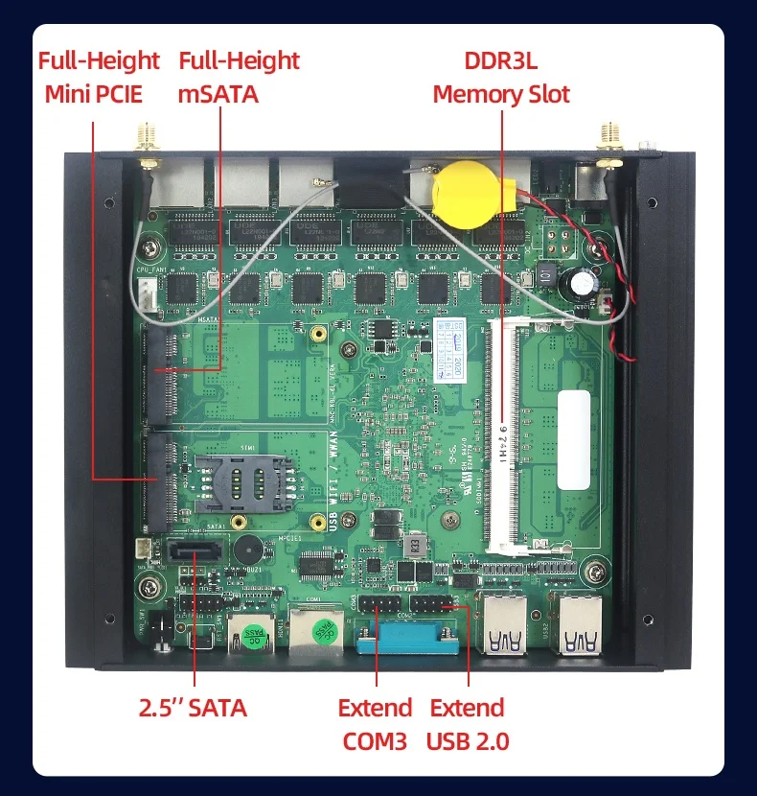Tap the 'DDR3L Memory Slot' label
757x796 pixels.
point(500,78)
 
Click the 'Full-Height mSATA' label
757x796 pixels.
point(239,78)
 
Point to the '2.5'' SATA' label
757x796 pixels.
point(193,709)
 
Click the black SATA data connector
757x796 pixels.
point(195,553)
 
